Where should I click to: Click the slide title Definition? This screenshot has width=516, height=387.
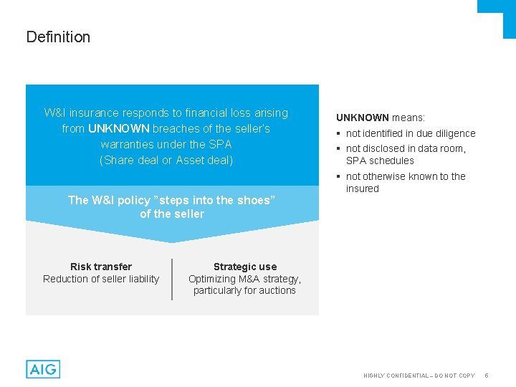(x=58, y=37)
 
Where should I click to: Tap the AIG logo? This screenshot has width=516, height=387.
(x=43, y=369)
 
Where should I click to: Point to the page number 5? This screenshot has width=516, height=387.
(x=486, y=376)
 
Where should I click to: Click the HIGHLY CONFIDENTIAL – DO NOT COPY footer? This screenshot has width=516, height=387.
(x=419, y=376)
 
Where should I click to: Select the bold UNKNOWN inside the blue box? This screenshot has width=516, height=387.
(x=118, y=129)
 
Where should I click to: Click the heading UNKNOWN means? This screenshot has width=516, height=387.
(x=381, y=118)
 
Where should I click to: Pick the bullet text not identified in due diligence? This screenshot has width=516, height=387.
(x=410, y=133)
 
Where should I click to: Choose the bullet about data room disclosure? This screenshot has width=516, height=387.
(x=405, y=154)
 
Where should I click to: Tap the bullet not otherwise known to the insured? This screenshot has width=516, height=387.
(x=405, y=182)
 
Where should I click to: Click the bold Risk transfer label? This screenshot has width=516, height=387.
(x=101, y=267)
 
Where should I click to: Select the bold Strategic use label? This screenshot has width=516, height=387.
(x=244, y=267)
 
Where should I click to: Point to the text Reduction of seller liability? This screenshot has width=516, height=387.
(x=101, y=279)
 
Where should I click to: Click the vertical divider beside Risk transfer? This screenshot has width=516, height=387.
(x=172, y=279)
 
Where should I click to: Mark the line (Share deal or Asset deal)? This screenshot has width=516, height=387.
(x=166, y=160)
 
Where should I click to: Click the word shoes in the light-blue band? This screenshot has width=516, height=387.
(x=252, y=200)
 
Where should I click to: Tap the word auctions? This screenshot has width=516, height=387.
(x=277, y=290)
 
